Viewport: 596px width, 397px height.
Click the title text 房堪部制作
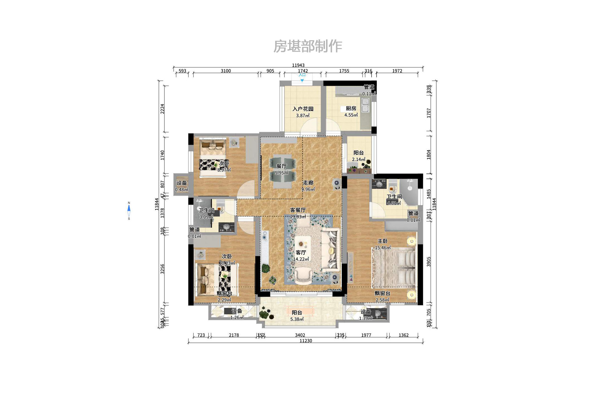[307, 46]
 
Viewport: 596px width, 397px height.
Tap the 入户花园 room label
[303, 109]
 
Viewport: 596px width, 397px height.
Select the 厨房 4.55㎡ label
[351, 111]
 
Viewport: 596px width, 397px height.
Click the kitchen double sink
[365, 105]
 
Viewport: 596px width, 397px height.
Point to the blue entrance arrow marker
[302, 80]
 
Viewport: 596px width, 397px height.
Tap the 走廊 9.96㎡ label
[308, 186]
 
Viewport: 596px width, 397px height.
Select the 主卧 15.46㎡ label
[383, 244]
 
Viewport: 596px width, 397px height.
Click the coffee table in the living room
[303, 244]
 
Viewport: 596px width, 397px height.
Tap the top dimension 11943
[298, 65]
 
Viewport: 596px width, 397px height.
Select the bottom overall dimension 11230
[306, 341]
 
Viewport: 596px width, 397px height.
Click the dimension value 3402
[300, 335]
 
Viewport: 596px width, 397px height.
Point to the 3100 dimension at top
[226, 71]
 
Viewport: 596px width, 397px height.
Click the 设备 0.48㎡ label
[182, 186]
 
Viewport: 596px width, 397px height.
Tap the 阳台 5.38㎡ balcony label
[297, 316]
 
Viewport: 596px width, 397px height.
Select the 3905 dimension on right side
[429, 262]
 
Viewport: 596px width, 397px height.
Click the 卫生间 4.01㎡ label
[394, 200]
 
